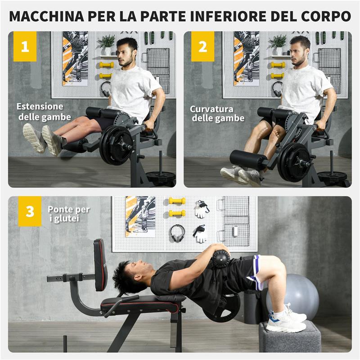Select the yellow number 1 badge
25,46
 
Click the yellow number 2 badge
202,46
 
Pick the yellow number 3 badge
30,211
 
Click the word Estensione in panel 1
40,107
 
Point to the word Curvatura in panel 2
211,109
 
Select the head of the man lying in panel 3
130,274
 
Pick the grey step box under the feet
290,338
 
